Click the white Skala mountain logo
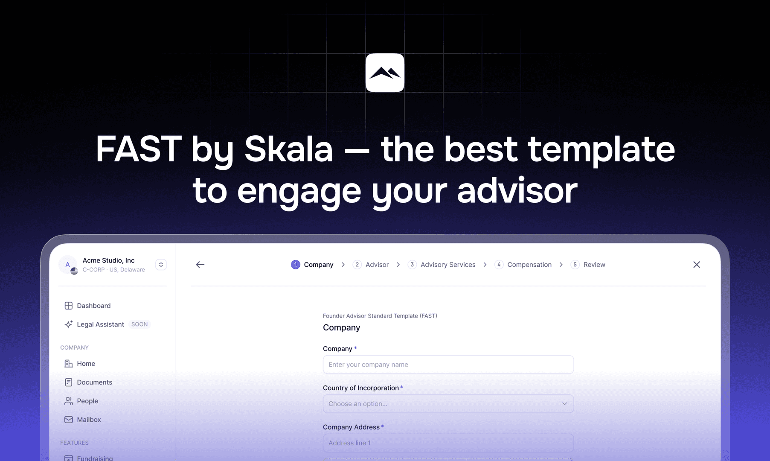385,73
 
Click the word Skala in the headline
288,149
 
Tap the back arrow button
200,265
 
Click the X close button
697,265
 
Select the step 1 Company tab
312,265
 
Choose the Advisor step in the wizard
371,265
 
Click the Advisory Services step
442,265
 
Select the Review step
589,265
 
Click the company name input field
448,365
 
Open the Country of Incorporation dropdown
448,404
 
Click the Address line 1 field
448,443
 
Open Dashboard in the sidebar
93,306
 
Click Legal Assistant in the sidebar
100,324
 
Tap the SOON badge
139,324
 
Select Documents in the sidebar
94,382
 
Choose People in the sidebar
87,401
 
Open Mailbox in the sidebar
89,420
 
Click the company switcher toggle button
161,265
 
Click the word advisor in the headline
517,191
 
